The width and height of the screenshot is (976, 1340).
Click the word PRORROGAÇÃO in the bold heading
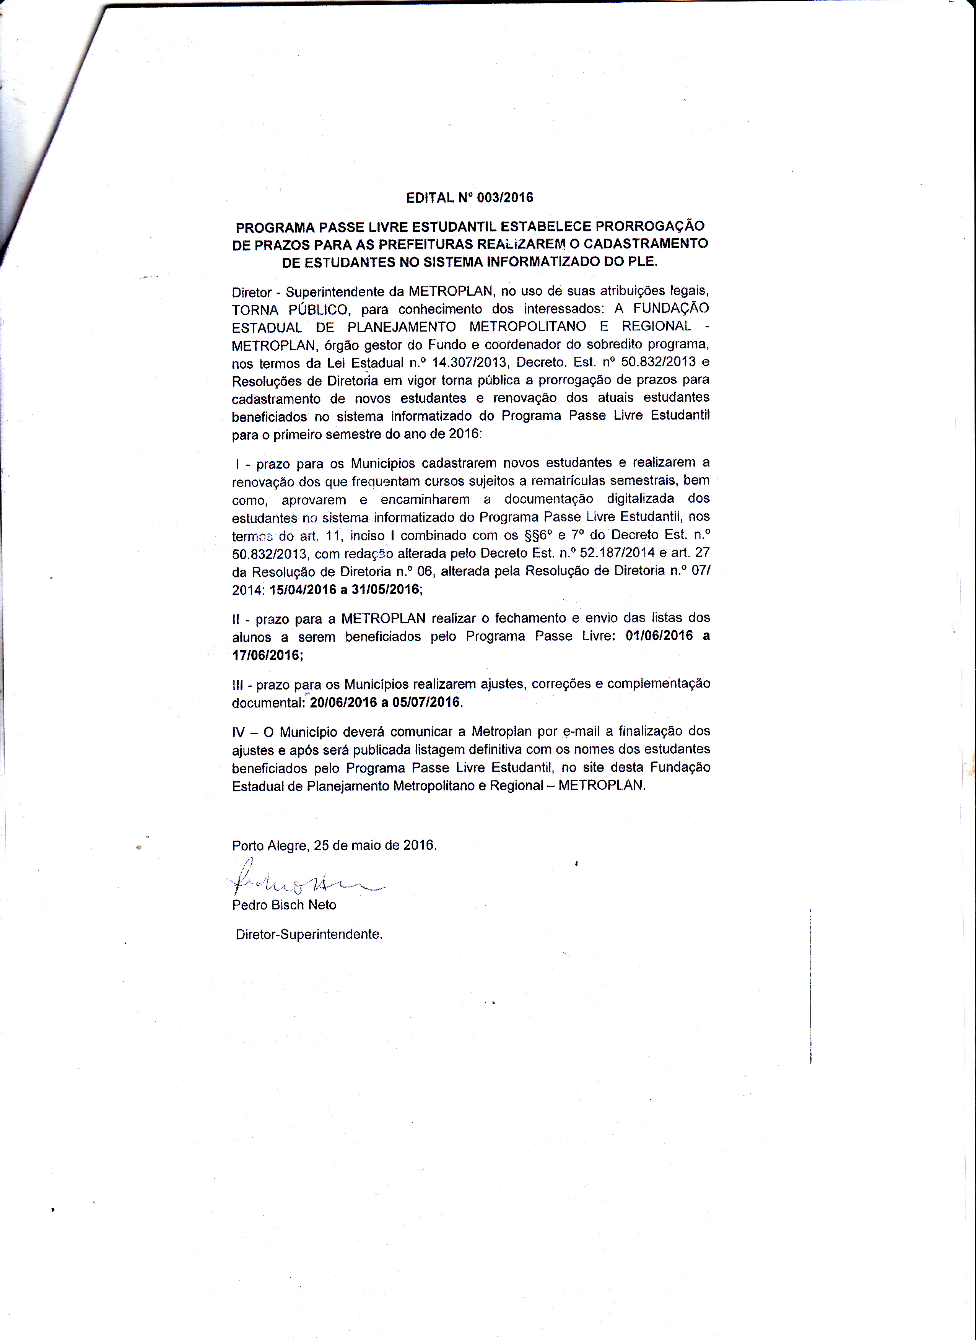coord(650,226)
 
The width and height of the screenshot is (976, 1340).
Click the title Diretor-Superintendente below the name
coord(308,935)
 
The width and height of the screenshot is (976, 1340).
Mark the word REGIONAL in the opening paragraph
coord(656,327)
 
